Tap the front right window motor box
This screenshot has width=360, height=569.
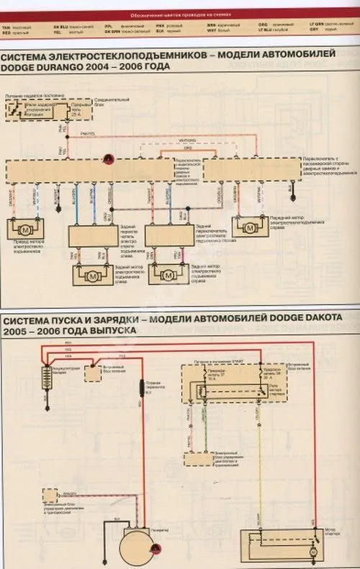(x=249, y=228)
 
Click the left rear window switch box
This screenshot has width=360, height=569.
(x=92, y=235)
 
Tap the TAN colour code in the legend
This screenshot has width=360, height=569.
(x=6, y=24)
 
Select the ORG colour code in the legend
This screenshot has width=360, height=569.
(x=263, y=24)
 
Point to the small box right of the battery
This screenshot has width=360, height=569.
(x=94, y=373)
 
